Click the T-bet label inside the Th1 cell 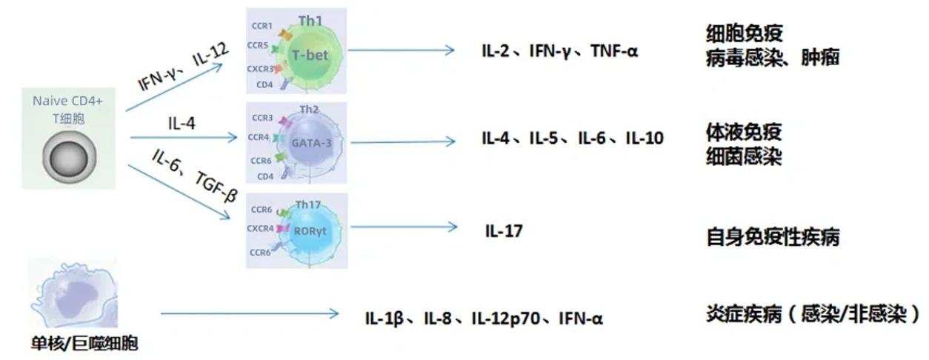pyautogui.click(x=310, y=55)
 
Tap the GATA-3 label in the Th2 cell pyautogui.click(x=311, y=143)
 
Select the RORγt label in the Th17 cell pyautogui.click(x=310, y=231)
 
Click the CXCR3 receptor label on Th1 pyautogui.click(x=260, y=68)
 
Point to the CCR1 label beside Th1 pyautogui.click(x=262, y=26)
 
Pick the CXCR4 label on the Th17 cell pyautogui.click(x=260, y=229)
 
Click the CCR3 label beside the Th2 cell pyautogui.click(x=262, y=118)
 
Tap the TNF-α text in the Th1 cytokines pyautogui.click(x=614, y=51)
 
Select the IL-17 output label pyautogui.click(x=504, y=231)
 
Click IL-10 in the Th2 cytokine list pyautogui.click(x=645, y=138)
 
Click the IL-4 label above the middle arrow pyautogui.click(x=182, y=123)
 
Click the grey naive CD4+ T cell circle pyautogui.click(x=69, y=158)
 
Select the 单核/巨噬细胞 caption pyautogui.click(x=84, y=344)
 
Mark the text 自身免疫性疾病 pyautogui.click(x=773, y=237)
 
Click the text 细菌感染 pyautogui.click(x=744, y=157)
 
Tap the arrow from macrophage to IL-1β pyautogui.click(x=250, y=313)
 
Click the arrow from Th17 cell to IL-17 pyautogui.click(x=404, y=227)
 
